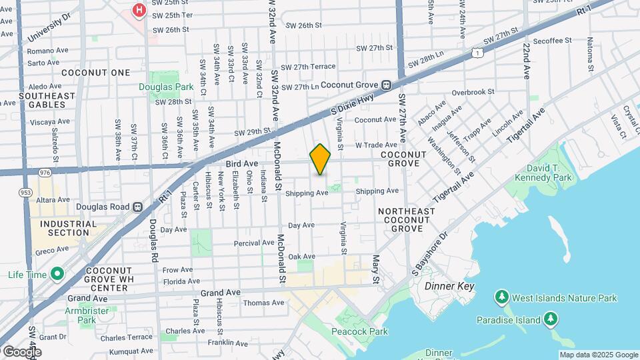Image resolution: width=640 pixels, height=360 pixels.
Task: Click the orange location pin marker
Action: (x=320, y=159)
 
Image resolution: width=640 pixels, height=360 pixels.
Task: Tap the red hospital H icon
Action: (x=139, y=10)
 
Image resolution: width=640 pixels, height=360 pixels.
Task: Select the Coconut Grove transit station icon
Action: (x=385, y=85)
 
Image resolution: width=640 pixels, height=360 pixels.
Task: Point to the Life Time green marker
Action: (x=57, y=274)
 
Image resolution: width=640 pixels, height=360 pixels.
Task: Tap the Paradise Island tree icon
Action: (x=551, y=321)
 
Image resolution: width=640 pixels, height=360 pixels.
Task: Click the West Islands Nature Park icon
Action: (x=502, y=295)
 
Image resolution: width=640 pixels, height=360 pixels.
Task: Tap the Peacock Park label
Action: (x=359, y=331)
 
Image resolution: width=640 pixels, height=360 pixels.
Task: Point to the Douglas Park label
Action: (x=161, y=87)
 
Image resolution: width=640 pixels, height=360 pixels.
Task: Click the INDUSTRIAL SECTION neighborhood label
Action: (x=64, y=229)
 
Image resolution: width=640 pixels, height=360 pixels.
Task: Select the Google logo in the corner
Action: (x=22, y=351)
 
